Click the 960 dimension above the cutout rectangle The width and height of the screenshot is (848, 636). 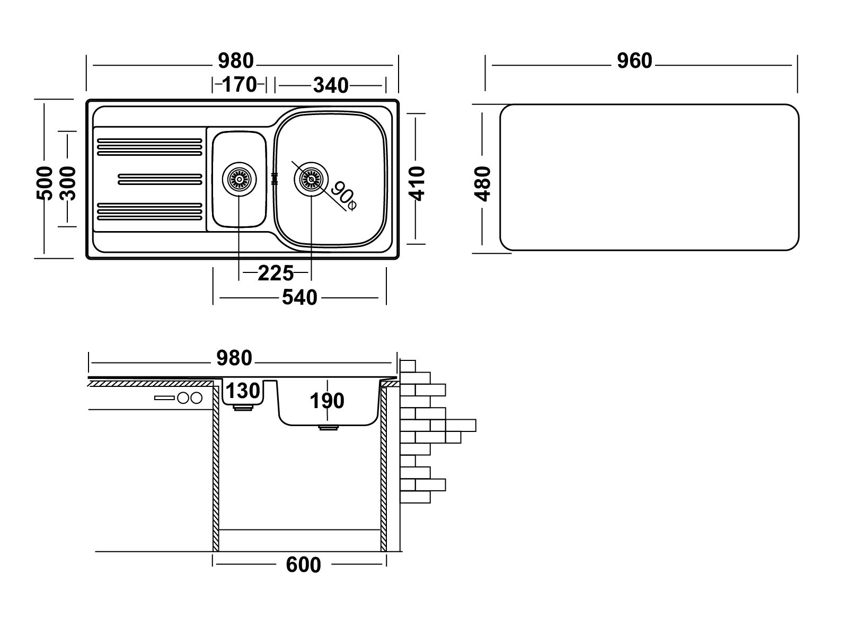point(634,61)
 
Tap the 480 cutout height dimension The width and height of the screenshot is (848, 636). point(482,184)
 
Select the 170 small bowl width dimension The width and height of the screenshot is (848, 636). point(240,85)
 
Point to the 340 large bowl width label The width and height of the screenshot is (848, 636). point(331,85)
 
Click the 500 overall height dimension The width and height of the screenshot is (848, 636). point(45,183)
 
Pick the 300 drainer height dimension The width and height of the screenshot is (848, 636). point(68,183)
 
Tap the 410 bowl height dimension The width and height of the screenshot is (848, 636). point(417,184)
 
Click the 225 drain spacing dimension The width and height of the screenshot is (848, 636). point(276,273)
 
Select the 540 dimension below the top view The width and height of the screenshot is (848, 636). point(299,297)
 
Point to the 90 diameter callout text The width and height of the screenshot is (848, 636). point(343,196)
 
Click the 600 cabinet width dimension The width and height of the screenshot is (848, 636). point(303,566)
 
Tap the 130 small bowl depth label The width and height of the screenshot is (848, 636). point(243,391)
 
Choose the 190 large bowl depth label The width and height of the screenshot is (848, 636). point(327,401)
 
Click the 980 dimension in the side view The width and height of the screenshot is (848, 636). point(234,358)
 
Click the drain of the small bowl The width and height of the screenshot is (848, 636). point(239,179)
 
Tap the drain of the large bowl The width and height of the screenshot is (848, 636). point(311,179)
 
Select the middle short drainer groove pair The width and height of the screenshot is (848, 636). point(160,179)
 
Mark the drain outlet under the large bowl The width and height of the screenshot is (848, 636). point(328,428)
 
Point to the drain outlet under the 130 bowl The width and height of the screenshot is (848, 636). point(243,408)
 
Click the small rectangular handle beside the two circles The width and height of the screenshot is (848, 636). point(165,397)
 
